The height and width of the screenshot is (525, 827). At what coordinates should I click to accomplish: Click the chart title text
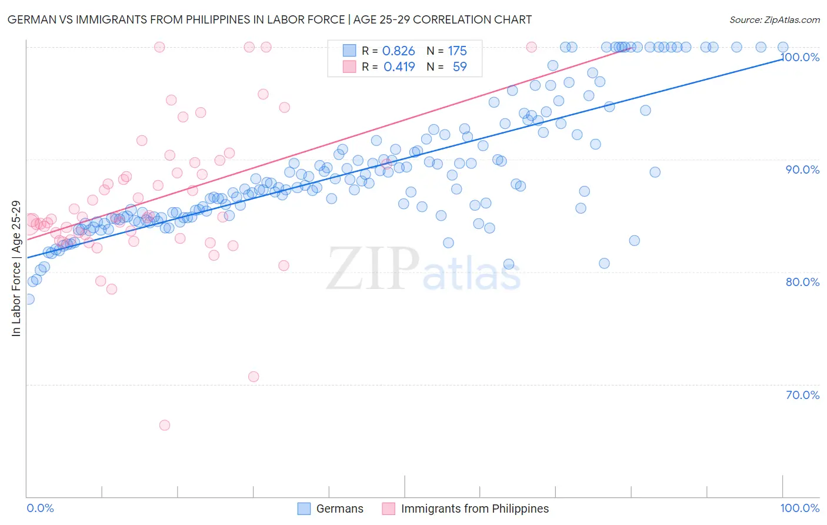pyautogui.click(x=269, y=20)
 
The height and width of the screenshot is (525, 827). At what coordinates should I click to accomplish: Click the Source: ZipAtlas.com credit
pyautogui.click(x=774, y=20)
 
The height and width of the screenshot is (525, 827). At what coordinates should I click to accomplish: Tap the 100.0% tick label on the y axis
pyautogui.click(x=800, y=57)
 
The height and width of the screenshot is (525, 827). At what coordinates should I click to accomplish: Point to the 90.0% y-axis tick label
pyautogui.click(x=802, y=170)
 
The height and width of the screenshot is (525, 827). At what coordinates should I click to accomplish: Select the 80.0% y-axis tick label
pyautogui.click(x=802, y=282)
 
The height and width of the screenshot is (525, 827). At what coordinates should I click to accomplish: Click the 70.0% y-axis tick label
pyautogui.click(x=802, y=395)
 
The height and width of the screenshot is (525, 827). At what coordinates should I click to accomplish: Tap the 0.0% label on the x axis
pyautogui.click(x=40, y=509)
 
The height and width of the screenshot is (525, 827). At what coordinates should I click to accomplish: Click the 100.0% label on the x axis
pyautogui.click(x=799, y=509)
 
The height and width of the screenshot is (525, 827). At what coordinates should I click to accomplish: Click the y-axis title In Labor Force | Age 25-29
pyautogui.click(x=16, y=268)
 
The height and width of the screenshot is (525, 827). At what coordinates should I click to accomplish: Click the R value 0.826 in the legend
pyautogui.click(x=398, y=51)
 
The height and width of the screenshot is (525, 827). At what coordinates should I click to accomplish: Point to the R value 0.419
pyautogui.click(x=399, y=67)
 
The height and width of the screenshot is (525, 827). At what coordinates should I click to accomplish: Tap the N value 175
pyautogui.click(x=457, y=51)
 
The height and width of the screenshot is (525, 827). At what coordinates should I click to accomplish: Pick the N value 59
pyautogui.click(x=459, y=67)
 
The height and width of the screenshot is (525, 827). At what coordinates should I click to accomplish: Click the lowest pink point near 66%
pyautogui.click(x=165, y=425)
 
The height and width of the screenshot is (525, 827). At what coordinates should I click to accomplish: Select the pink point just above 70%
pyautogui.click(x=254, y=377)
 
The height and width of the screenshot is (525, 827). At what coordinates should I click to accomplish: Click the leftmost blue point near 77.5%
pyautogui.click(x=29, y=299)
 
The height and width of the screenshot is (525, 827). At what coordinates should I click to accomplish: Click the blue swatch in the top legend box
pyautogui.click(x=349, y=51)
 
